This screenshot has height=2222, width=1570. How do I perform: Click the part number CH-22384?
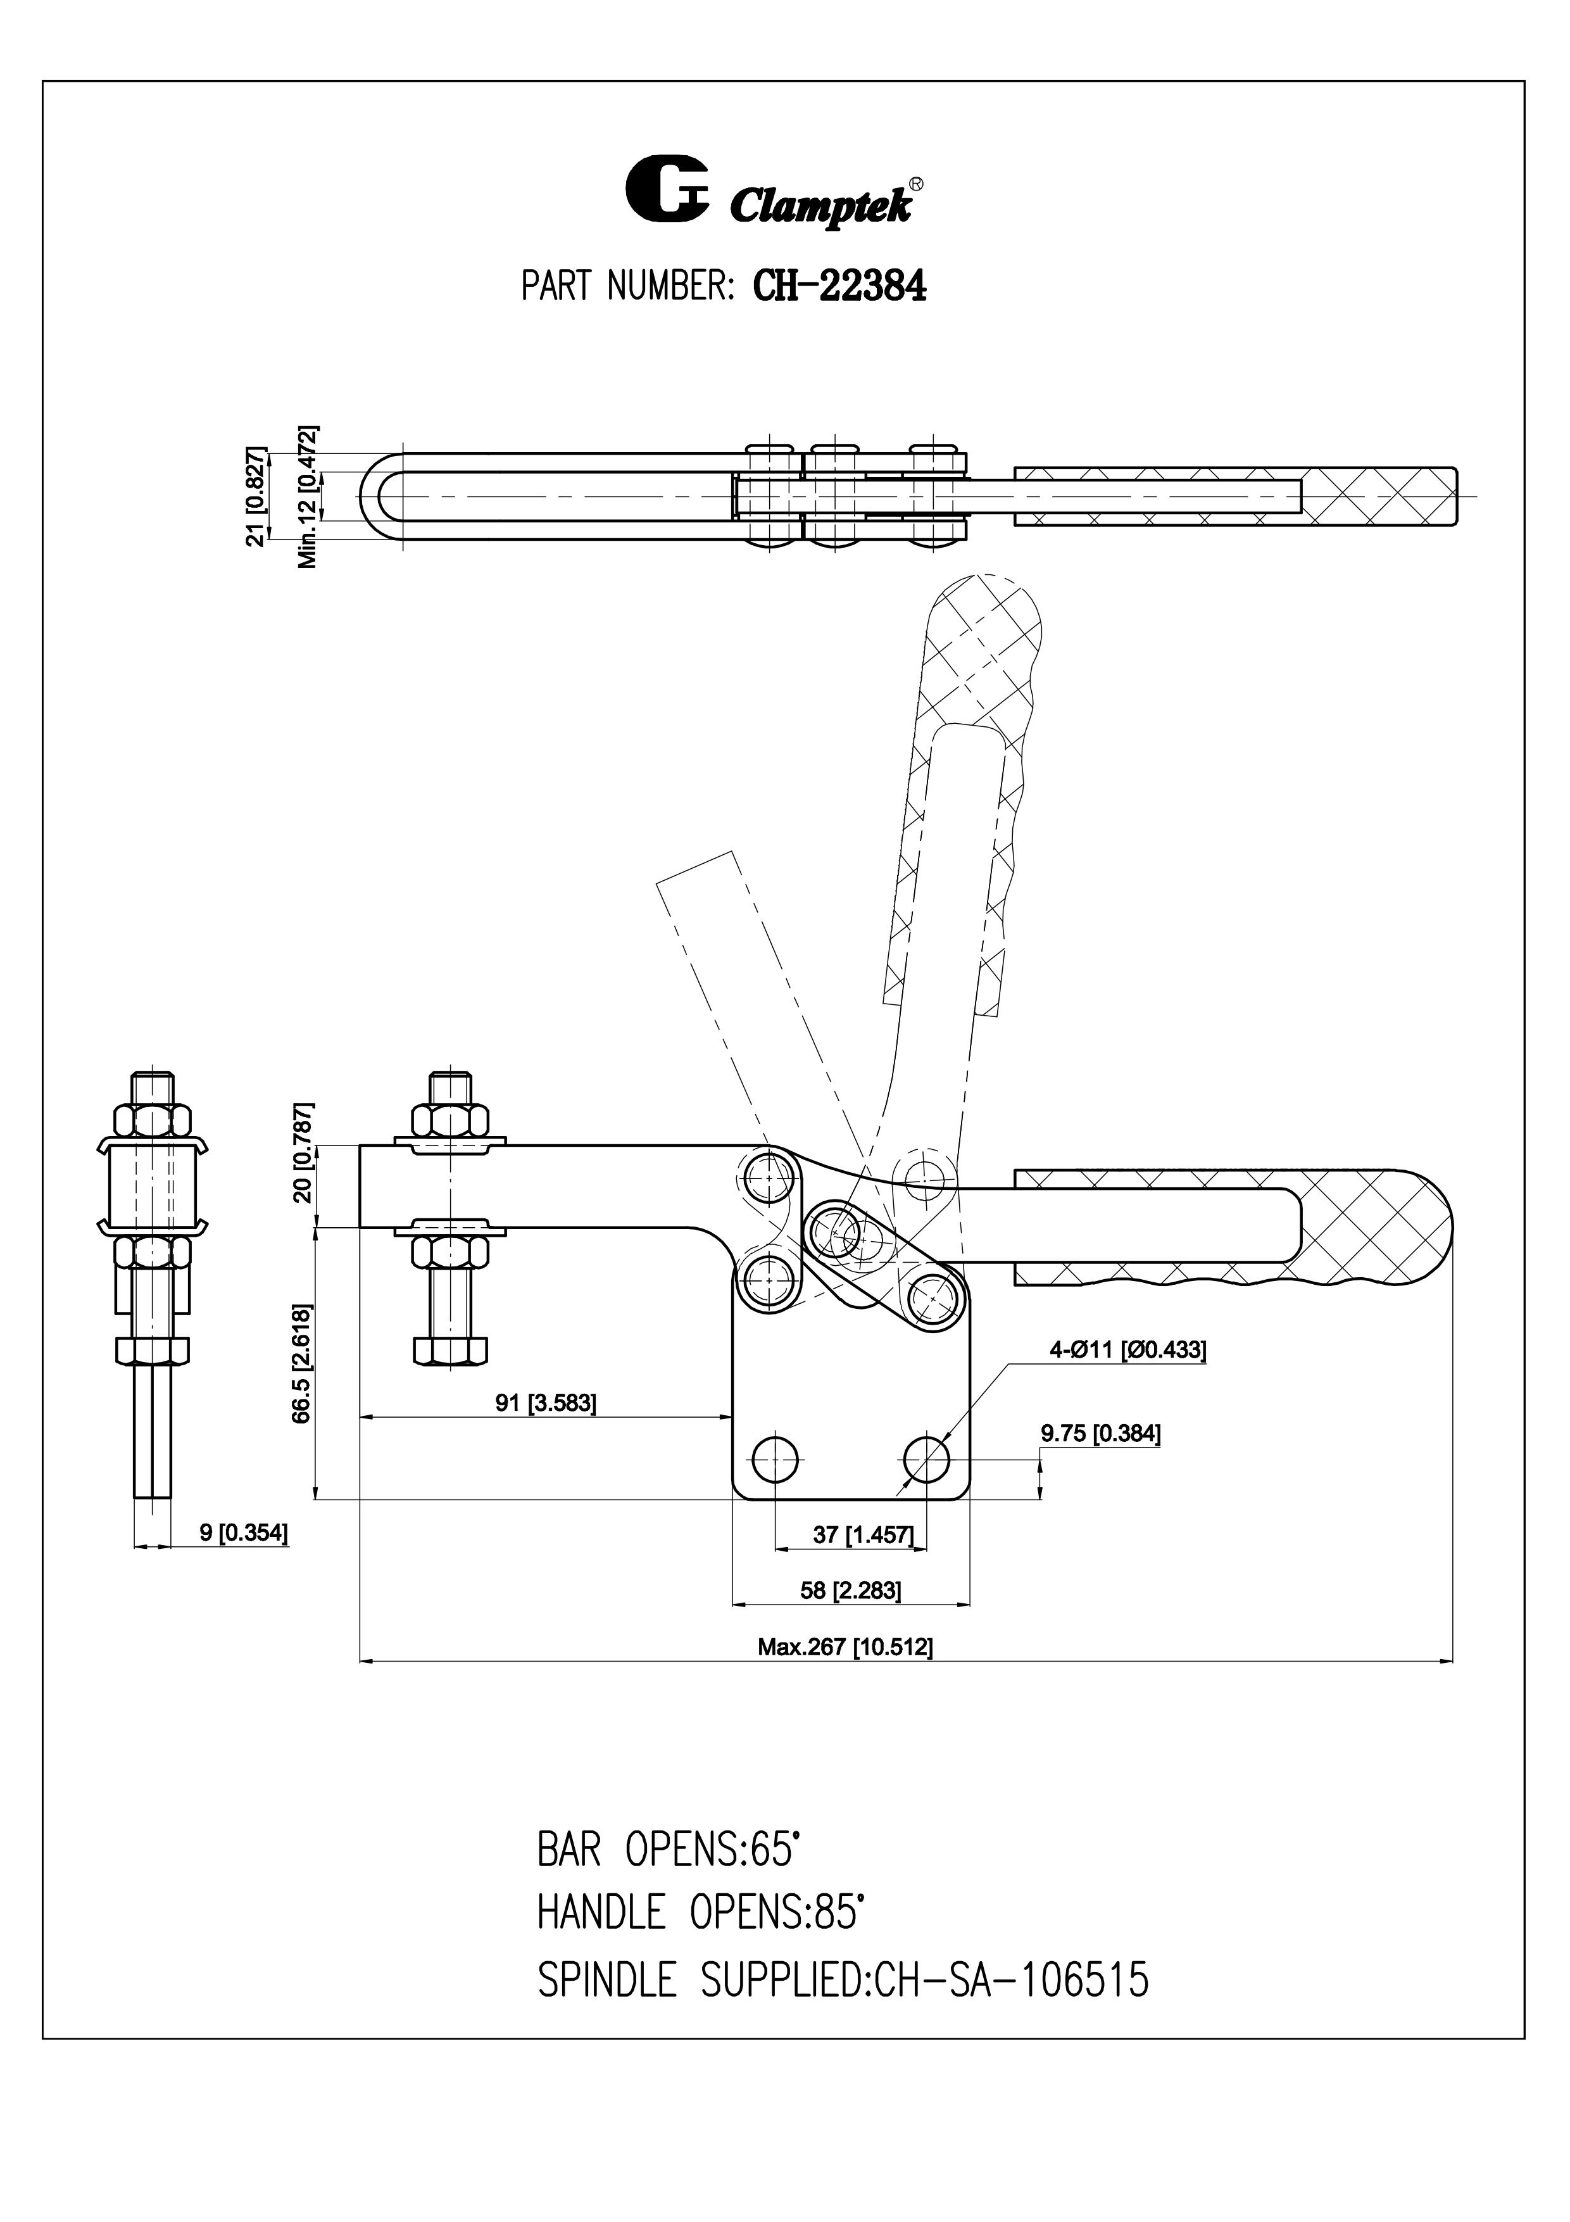(839, 286)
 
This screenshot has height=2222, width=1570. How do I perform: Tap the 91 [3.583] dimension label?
(546, 1403)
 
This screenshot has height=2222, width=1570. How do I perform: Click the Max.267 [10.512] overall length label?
(846, 1646)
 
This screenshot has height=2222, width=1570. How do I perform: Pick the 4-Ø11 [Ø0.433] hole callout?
(1128, 1349)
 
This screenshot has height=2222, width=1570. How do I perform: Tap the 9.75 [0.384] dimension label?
(1100, 1433)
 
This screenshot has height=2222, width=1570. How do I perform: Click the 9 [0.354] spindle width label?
(243, 1532)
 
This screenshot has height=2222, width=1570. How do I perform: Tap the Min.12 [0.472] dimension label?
(308, 496)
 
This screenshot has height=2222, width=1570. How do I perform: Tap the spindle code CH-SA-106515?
(1012, 1980)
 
